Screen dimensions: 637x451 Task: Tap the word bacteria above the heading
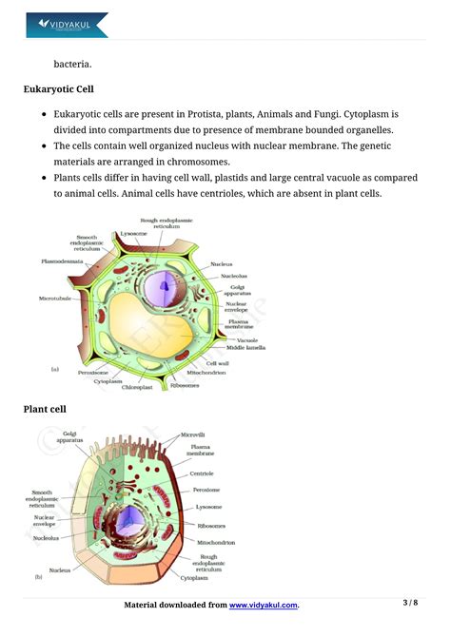click(x=73, y=64)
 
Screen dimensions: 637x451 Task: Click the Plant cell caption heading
click(x=45, y=409)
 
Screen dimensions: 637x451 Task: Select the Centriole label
click(x=201, y=473)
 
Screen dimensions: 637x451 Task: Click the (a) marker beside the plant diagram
click(x=55, y=367)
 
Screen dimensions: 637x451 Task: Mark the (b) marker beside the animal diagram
click(x=39, y=576)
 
